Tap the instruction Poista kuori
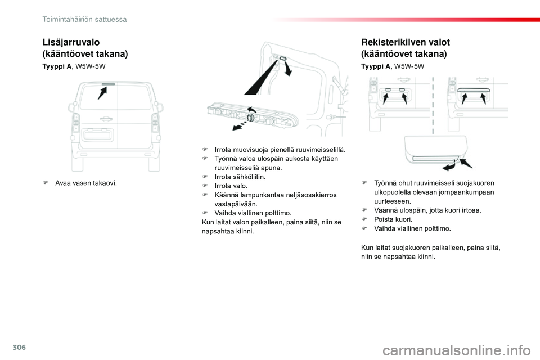393,219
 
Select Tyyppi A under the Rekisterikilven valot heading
376,66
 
